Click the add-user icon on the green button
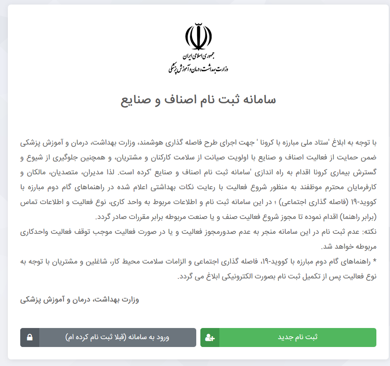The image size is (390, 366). pos(210,337)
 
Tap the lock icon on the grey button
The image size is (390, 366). pos(30,337)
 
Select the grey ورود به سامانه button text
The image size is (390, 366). pos(117,337)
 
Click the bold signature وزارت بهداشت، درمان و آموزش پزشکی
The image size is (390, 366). pos(80,299)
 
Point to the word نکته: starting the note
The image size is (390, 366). pos(367,232)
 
